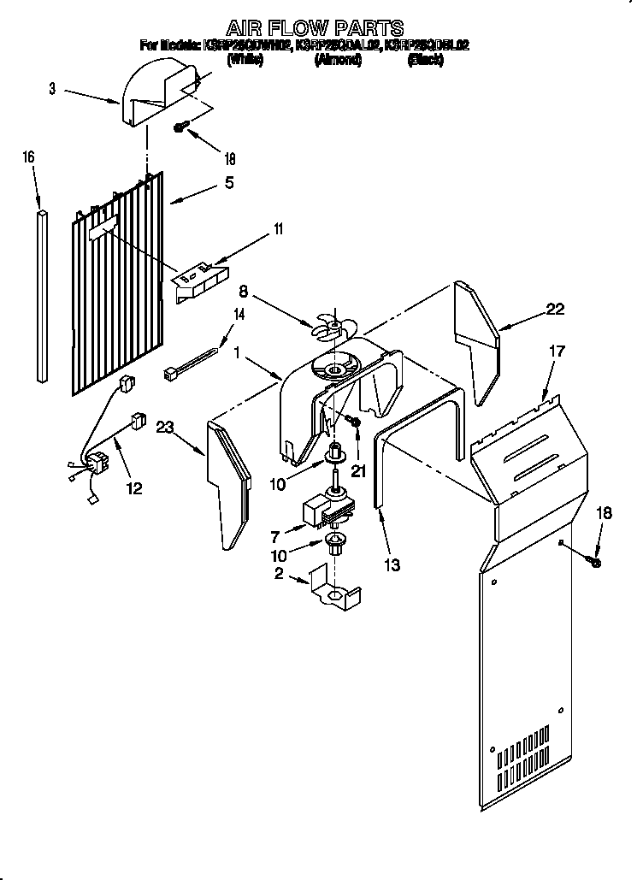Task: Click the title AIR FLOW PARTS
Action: (314, 29)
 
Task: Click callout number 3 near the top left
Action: (52, 89)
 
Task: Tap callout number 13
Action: (392, 565)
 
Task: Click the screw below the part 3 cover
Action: (181, 127)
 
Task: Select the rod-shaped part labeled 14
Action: (191, 362)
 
